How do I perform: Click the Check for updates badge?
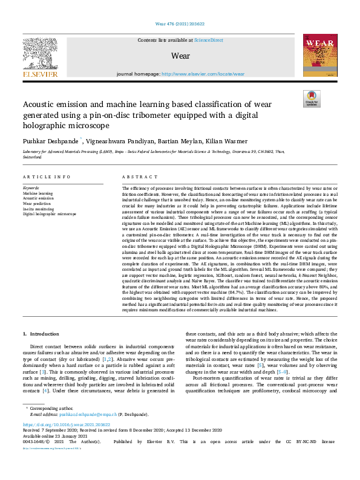coord(311,98)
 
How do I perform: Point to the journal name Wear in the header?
coord(181,56)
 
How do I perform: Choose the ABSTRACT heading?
coord(136,177)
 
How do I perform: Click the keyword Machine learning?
coord(38,193)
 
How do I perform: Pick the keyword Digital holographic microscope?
coord(50,214)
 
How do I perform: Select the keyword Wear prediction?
coord(37,203)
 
